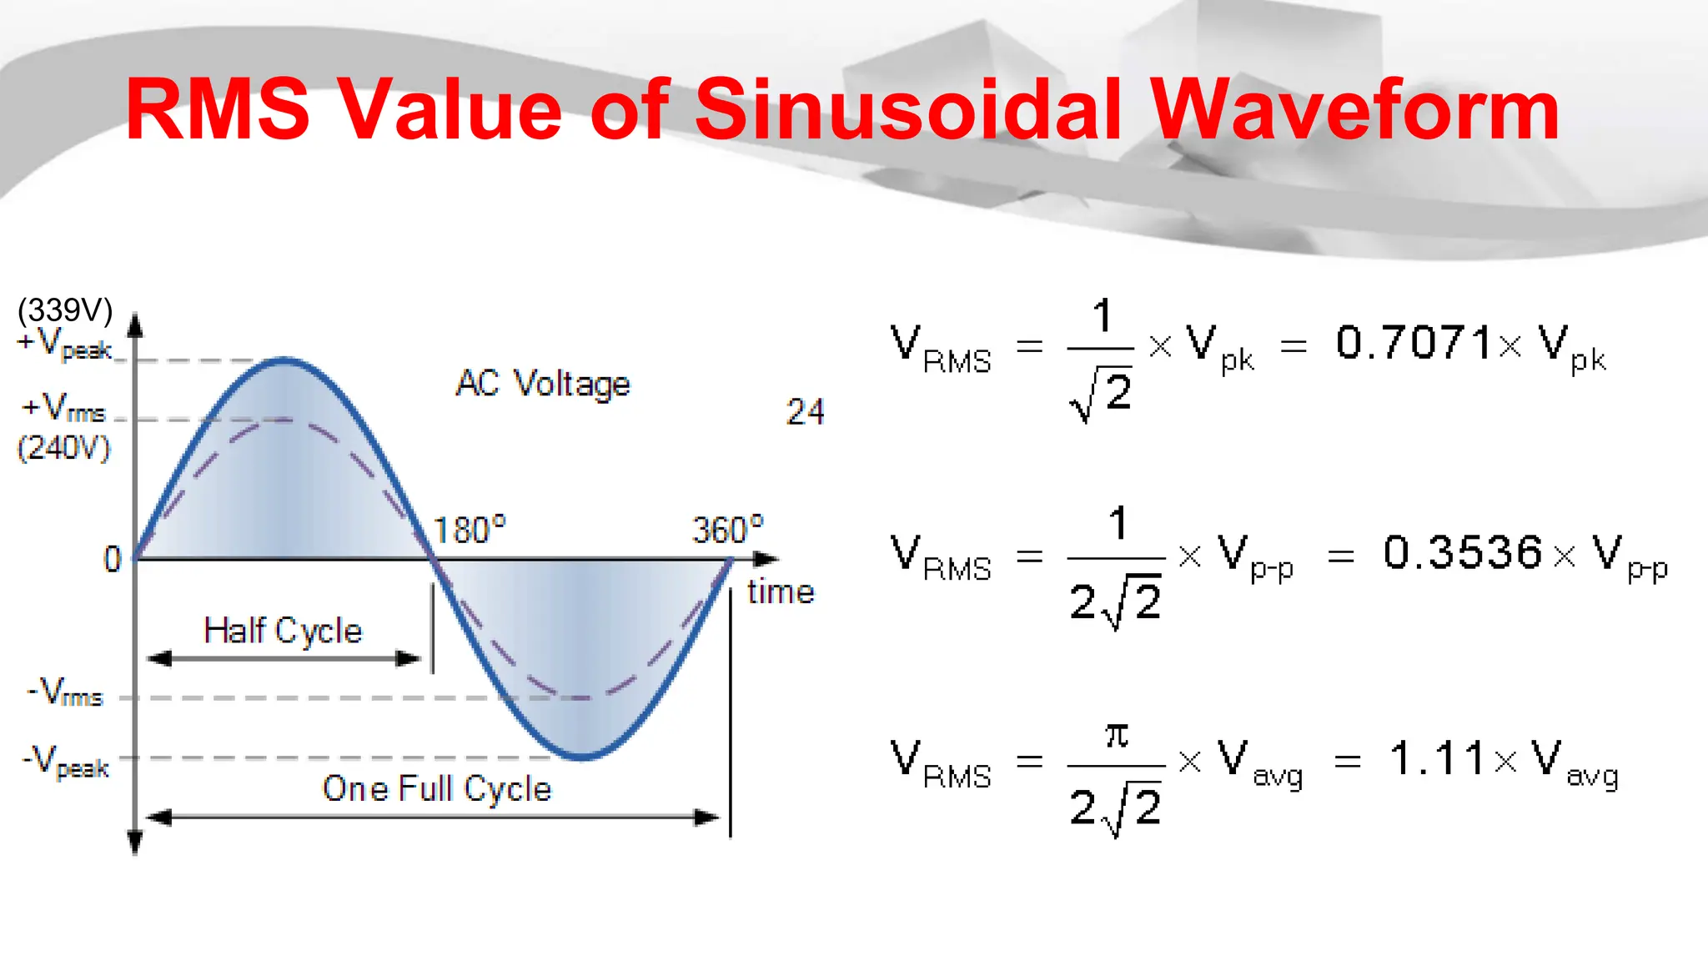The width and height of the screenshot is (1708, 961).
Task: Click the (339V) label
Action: click(x=65, y=310)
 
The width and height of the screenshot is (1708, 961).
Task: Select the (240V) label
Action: click(x=63, y=448)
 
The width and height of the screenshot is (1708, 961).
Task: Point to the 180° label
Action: click(x=470, y=531)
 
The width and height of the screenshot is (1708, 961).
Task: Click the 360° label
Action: click(x=728, y=530)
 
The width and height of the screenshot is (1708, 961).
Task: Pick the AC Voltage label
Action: click(x=543, y=384)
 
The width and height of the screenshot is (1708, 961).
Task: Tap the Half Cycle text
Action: click(x=284, y=631)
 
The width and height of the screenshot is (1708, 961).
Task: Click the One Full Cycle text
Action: click(x=437, y=788)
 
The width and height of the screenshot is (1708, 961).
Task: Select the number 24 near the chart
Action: click(x=805, y=412)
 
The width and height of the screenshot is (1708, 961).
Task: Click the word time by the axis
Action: click(x=781, y=591)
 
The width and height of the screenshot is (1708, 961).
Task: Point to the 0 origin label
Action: click(x=113, y=559)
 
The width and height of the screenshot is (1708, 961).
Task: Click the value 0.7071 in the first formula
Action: click(x=1414, y=343)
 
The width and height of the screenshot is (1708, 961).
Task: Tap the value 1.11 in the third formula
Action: click(x=1436, y=759)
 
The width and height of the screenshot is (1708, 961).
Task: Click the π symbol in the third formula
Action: click(x=1117, y=735)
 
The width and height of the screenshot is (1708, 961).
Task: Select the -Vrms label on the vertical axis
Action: click(x=66, y=692)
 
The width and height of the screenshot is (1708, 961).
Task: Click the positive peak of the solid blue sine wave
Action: click(x=284, y=360)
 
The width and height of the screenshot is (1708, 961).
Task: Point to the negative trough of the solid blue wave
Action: click(x=582, y=757)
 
